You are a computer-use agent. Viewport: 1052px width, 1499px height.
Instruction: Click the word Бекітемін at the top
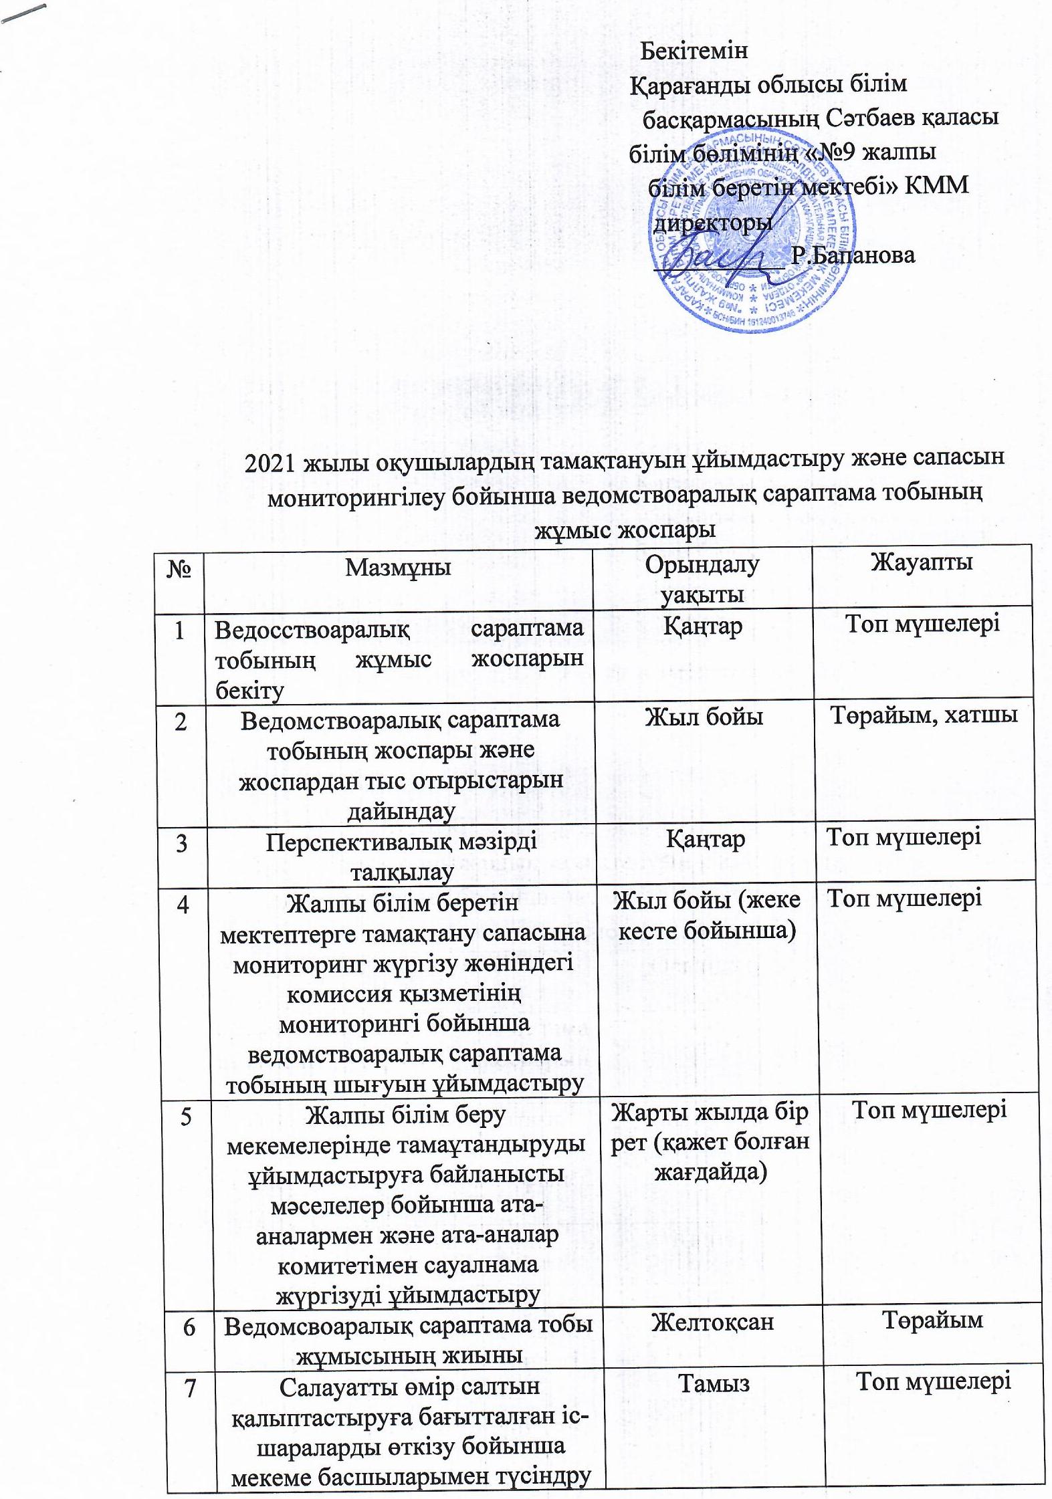coord(694,51)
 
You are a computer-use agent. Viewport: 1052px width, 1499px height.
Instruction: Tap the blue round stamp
coord(752,231)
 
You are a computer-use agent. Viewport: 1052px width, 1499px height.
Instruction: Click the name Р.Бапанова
coord(852,255)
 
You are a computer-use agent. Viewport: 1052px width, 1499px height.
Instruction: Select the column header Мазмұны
coord(398,568)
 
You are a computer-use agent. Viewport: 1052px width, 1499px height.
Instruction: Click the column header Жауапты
coord(921,562)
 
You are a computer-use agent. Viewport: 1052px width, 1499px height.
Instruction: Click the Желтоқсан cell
coord(712,1321)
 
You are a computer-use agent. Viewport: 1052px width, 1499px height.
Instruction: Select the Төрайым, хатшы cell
coord(924,715)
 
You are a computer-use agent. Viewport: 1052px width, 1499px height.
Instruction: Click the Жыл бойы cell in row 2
coord(704,718)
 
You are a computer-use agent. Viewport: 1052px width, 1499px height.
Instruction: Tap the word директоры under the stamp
coord(712,221)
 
